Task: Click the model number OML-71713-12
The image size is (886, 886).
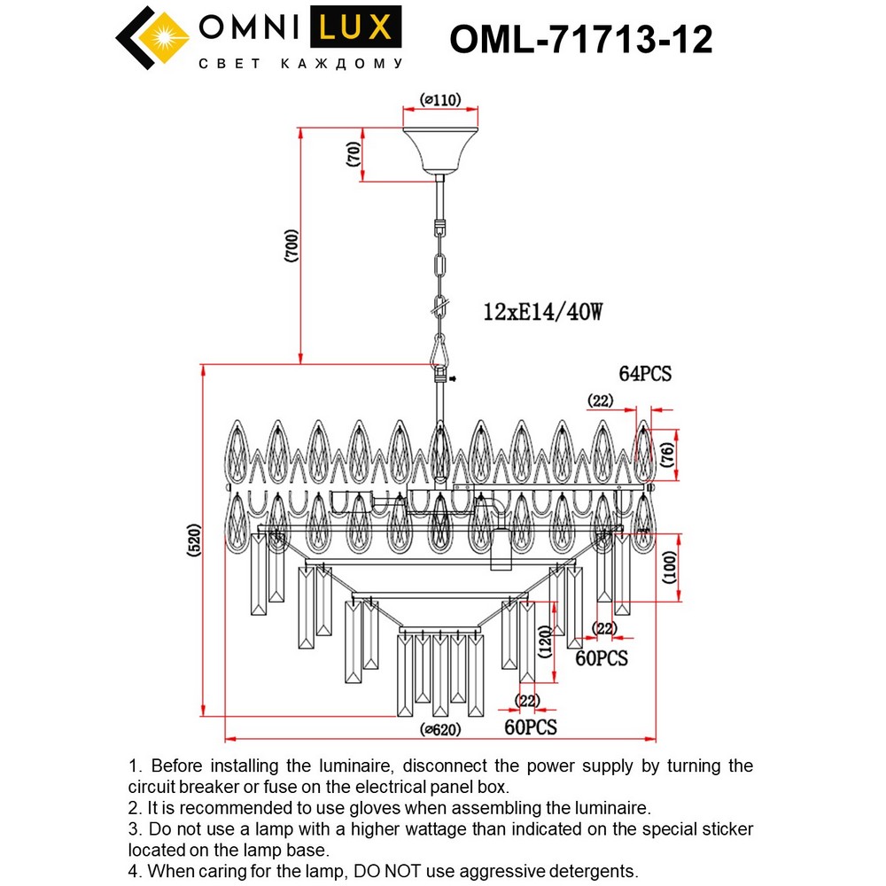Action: [x=581, y=40]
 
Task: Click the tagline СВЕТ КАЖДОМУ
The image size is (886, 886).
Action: [x=300, y=65]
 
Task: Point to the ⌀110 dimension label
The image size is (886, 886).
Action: [x=440, y=101]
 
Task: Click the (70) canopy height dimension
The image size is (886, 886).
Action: [x=354, y=156]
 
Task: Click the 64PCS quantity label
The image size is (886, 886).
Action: [x=645, y=374]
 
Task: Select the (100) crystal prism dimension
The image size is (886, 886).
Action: [x=671, y=567]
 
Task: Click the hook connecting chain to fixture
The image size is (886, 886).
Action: [x=439, y=351]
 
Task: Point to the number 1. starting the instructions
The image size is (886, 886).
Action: [x=136, y=766]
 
